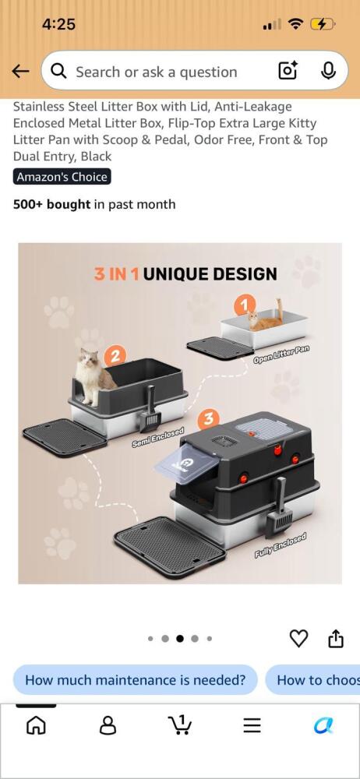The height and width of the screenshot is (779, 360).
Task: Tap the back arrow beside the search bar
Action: [20, 72]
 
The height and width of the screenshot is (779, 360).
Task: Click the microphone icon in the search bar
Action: [328, 72]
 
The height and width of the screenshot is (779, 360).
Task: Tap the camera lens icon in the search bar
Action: [288, 72]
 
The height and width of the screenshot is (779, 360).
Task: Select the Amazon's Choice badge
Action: [62, 177]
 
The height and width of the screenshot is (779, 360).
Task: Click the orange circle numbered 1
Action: [244, 305]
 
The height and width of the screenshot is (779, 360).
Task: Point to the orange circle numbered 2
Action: [115, 356]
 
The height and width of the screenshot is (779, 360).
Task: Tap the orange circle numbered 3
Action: [209, 419]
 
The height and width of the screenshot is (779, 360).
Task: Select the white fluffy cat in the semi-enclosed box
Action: [93, 376]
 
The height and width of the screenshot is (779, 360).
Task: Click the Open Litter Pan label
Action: [281, 354]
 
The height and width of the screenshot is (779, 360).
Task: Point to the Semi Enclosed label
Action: [157, 437]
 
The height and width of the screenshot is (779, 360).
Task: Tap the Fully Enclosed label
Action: [281, 545]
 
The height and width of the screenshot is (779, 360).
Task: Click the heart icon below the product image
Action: [298, 639]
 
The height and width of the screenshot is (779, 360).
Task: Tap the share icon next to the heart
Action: [336, 639]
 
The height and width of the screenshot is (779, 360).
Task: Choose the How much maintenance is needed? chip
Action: [136, 679]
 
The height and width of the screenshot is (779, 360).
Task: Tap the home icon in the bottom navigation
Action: [35, 726]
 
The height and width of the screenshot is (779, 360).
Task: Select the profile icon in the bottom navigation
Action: [108, 726]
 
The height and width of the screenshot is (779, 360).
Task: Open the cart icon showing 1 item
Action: [180, 725]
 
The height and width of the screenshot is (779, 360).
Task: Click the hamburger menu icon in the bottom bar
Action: [252, 726]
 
